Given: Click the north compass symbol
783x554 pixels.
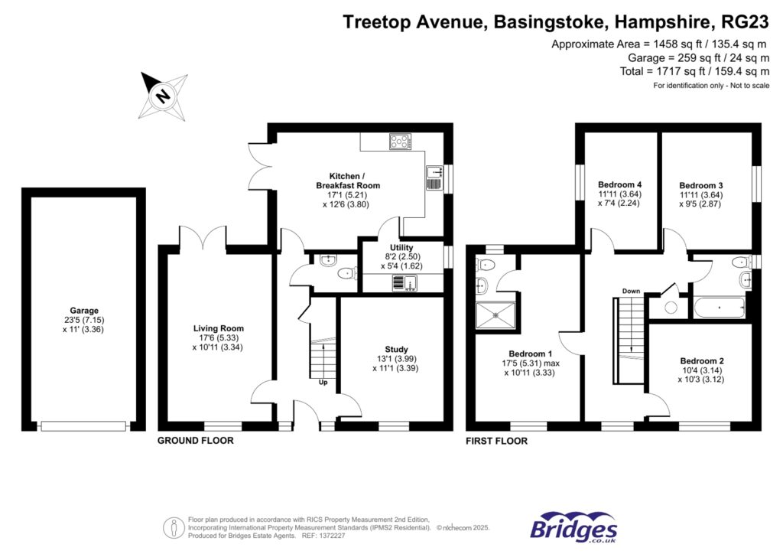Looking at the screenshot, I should click(x=163, y=96).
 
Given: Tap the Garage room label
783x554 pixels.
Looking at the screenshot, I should click(x=84, y=311).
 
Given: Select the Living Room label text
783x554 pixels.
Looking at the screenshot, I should click(x=218, y=328).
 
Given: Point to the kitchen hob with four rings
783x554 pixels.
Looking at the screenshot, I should click(x=400, y=141).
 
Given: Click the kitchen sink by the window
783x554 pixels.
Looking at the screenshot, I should click(x=433, y=178).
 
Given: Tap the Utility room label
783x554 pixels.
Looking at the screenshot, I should click(x=401, y=248).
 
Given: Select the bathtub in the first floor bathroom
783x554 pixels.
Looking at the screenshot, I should click(x=718, y=309).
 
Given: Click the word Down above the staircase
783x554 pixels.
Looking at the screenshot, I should click(x=631, y=292).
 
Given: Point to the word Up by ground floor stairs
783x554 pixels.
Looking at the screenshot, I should click(x=323, y=383).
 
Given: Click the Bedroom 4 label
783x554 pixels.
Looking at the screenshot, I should click(x=619, y=185).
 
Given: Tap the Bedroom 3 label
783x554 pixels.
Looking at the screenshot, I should click(x=701, y=185).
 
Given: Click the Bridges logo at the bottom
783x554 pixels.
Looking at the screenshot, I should click(x=574, y=528).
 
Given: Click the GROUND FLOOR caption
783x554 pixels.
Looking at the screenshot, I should click(x=195, y=441).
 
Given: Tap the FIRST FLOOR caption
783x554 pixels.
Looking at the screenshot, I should click(x=496, y=441).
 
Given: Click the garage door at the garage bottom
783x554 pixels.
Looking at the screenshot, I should click(x=83, y=425).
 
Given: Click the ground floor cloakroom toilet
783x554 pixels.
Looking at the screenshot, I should click(x=346, y=272).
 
